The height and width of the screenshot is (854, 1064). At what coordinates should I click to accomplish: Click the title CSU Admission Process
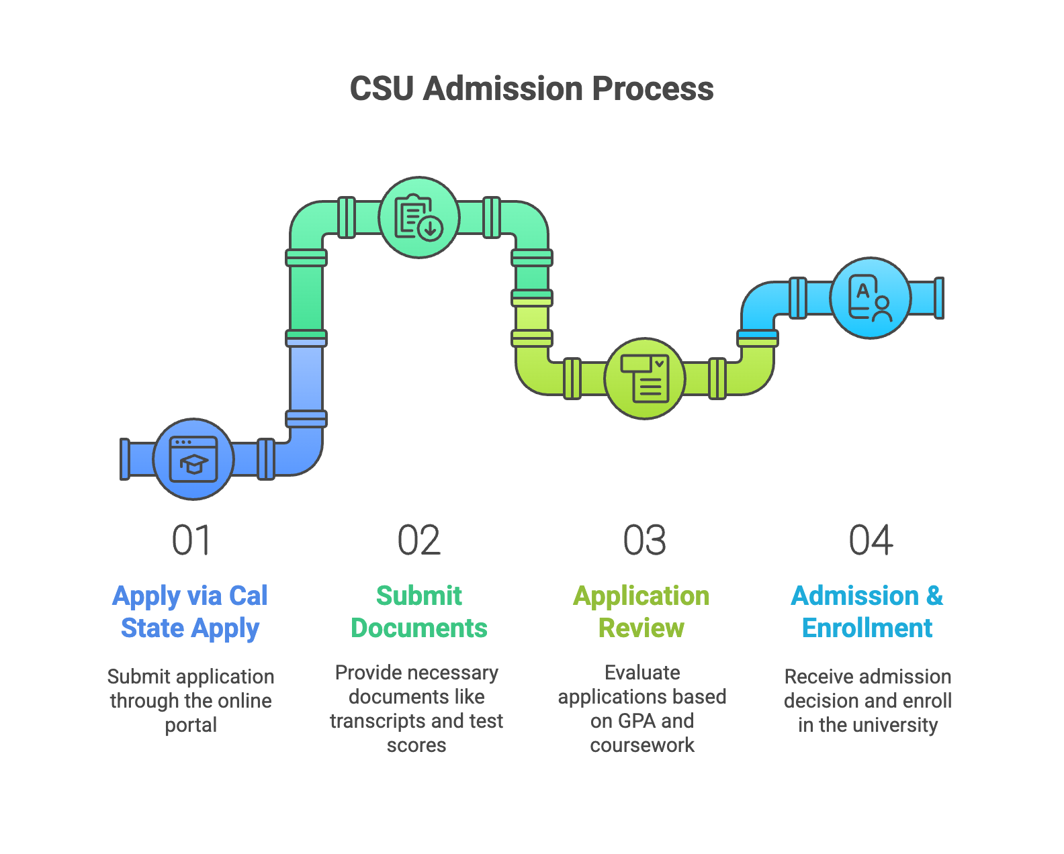tap(531, 89)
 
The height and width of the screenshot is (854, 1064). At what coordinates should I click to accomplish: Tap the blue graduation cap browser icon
tap(193, 459)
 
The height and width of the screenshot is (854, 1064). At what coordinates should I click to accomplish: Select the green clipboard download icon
tap(418, 218)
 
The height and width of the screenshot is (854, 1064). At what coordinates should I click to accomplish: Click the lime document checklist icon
tap(645, 379)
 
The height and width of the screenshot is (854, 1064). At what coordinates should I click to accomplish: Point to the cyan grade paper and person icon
tap(870, 298)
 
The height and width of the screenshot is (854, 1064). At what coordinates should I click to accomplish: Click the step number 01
tap(191, 540)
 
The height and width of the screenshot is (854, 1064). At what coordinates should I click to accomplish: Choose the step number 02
tap(418, 540)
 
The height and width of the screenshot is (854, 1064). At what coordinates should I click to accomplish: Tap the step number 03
tap(644, 540)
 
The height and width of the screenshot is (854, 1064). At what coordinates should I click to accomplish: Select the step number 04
tap(871, 540)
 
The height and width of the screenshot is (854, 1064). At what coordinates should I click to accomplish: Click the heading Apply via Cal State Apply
tap(190, 612)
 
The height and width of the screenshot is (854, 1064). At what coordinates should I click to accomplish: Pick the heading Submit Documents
tap(418, 612)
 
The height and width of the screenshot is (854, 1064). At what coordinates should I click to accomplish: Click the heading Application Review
tap(641, 612)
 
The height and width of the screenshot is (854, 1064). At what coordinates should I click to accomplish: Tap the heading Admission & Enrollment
tap(867, 612)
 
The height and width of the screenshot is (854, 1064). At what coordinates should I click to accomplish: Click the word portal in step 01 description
tap(191, 725)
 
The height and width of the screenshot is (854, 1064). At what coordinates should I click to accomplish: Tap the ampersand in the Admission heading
tap(934, 596)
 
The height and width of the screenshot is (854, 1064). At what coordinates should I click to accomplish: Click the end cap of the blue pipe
tap(125, 459)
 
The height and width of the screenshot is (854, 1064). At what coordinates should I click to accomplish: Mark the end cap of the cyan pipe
tap(940, 298)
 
